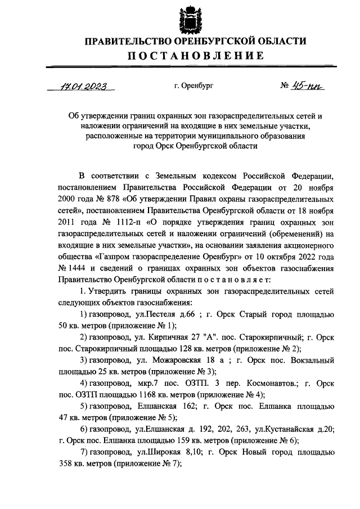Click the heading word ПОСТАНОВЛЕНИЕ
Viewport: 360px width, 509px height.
point(195,55)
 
